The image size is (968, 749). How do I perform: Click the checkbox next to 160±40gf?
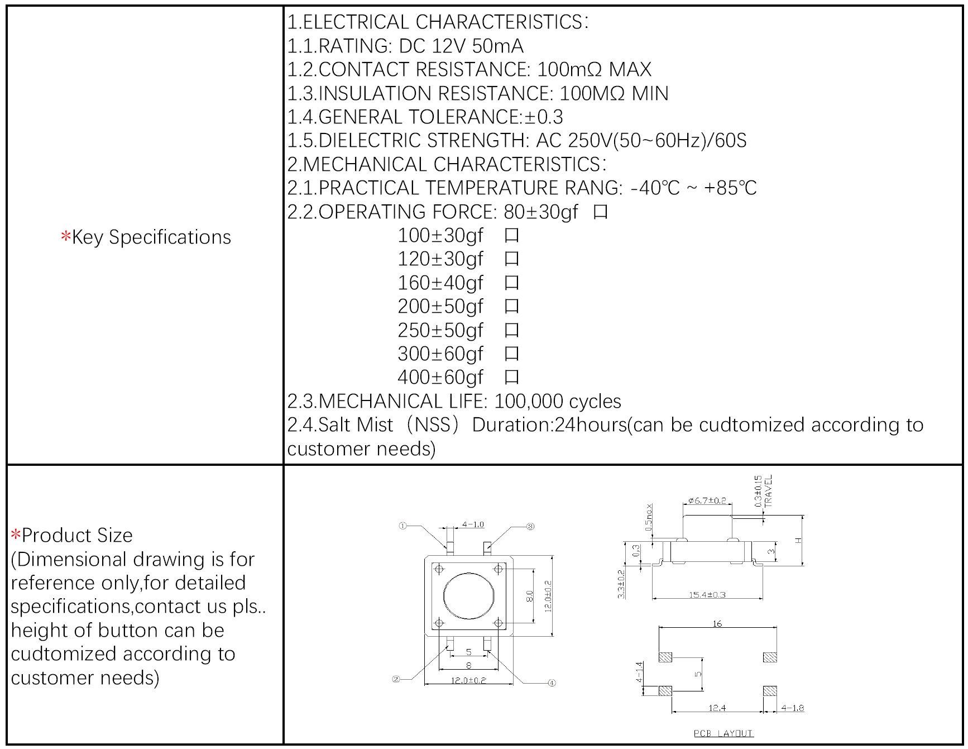(511, 283)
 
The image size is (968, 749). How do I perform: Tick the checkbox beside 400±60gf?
(511, 378)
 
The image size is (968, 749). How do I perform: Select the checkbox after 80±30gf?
(600, 212)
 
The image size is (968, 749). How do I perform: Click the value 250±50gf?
(440, 330)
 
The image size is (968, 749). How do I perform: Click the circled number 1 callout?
(402, 526)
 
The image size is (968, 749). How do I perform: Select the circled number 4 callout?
(552, 683)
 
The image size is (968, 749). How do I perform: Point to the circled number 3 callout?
(530, 526)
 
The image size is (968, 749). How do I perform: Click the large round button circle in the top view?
(468, 595)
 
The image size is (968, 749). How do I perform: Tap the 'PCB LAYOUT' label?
(723, 733)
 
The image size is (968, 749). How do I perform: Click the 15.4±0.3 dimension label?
(707, 595)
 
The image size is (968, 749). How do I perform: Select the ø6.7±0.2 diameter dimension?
(707, 500)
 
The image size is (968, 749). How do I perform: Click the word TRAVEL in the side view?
(769, 490)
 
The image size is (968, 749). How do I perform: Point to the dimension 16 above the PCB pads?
(717, 623)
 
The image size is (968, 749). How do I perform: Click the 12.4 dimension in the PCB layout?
(717, 708)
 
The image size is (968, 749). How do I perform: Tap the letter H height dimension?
(798, 540)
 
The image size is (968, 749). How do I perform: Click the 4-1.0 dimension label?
(473, 524)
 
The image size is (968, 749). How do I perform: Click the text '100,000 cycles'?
(557, 402)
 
